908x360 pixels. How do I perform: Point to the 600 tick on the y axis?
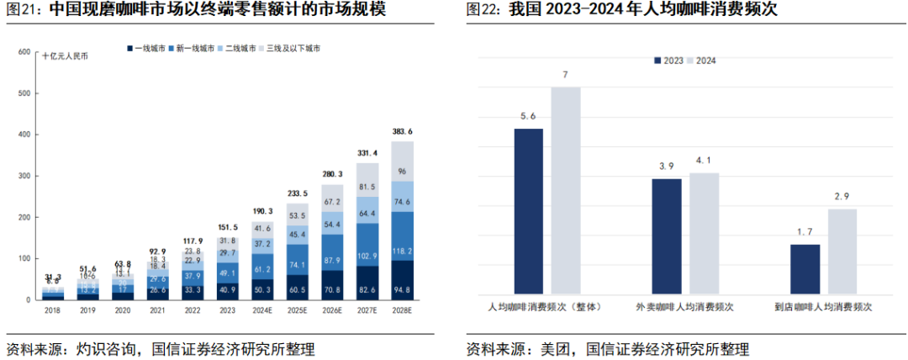[24, 53]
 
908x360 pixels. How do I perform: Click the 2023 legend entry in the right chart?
[669, 61]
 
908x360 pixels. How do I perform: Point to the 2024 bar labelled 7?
[566, 189]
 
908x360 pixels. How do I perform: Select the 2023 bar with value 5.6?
[528, 210]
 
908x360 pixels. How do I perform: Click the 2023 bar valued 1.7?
[805, 268]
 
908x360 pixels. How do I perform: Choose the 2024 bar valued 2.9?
[842, 251]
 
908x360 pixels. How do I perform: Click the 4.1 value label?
[704, 161]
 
